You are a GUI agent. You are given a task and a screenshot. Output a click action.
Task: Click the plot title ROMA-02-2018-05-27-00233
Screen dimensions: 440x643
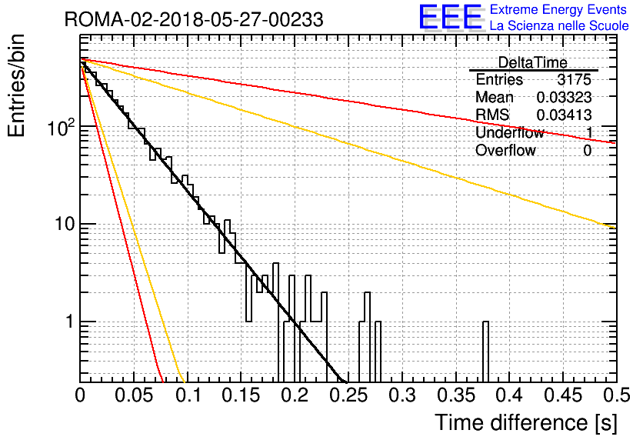194,19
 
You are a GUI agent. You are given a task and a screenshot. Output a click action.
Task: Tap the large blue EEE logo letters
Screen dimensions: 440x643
449,19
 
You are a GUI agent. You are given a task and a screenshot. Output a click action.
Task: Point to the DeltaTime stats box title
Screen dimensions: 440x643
532,62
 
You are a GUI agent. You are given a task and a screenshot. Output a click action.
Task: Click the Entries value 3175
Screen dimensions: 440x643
575,79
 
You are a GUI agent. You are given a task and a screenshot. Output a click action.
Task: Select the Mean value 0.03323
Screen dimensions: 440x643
564,97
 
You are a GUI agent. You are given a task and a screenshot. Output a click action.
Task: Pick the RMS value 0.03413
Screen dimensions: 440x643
564,115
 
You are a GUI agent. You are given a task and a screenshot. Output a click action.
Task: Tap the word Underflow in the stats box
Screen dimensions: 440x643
509,133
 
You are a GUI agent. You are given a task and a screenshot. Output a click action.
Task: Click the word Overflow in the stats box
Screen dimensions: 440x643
505,151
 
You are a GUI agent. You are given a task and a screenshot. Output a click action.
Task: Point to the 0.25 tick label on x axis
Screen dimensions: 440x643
348,396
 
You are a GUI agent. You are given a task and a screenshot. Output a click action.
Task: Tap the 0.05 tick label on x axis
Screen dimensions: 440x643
134,396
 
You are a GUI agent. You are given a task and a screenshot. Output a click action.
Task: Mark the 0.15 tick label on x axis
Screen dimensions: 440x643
241,396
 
